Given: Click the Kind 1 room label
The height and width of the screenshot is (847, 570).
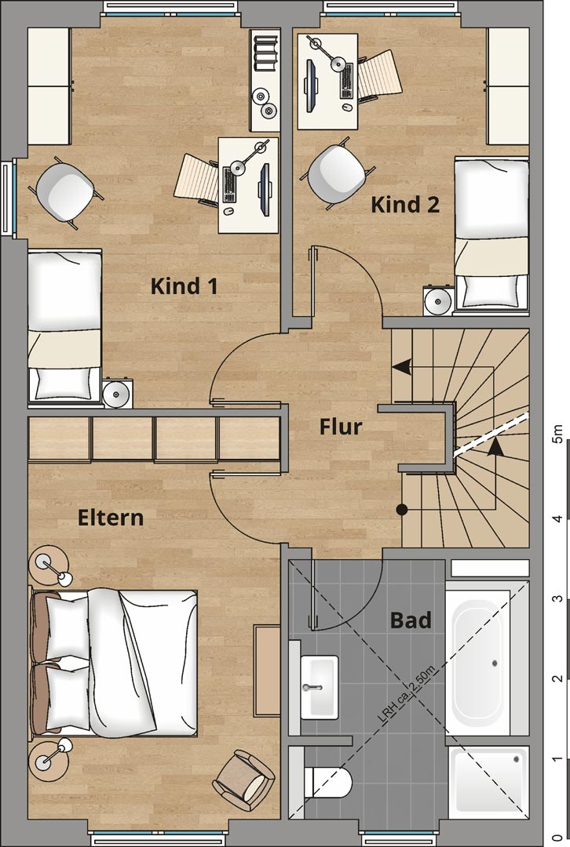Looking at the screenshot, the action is (185, 285).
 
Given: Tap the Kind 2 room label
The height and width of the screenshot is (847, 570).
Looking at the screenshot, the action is (405, 205).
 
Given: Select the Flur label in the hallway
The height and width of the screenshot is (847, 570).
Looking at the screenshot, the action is (341, 427).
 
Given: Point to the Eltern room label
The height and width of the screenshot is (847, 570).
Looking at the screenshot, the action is (111, 518).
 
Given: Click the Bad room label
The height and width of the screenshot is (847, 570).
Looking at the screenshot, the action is (411, 620).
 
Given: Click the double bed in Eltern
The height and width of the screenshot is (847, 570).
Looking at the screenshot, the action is (115, 663).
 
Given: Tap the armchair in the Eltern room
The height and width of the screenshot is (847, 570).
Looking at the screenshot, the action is (244, 776).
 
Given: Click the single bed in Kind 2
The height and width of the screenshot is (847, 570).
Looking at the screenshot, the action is (491, 235).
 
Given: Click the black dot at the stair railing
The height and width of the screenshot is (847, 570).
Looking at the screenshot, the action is (402, 509).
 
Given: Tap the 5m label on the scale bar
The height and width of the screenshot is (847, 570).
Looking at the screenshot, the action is (557, 434).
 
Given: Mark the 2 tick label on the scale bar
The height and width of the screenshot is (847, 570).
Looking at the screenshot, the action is (558, 678).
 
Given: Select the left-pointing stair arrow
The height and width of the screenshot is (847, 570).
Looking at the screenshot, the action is (401, 367).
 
